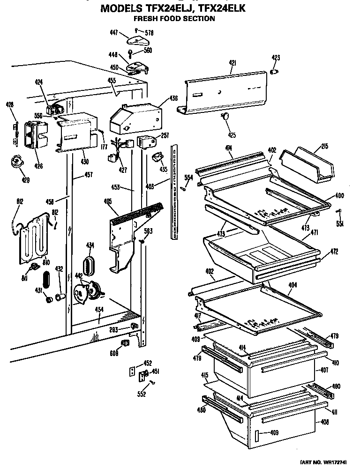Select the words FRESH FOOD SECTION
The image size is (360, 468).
[x=174, y=19]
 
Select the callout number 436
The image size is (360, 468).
[x=173, y=98]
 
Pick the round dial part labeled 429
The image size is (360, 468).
[x=17, y=162]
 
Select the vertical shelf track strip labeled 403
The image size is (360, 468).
[x=174, y=192]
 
